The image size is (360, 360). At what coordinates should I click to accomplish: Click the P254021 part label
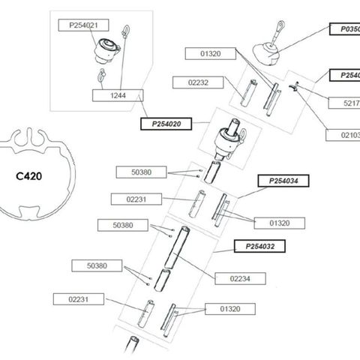click(x=79, y=25)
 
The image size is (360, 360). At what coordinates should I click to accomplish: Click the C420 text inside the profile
click(x=31, y=178)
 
